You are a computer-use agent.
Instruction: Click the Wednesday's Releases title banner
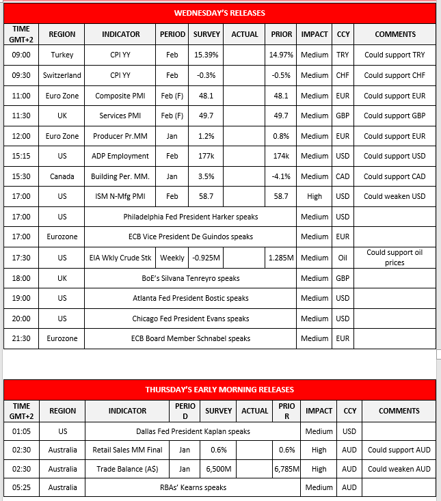(x=219, y=13)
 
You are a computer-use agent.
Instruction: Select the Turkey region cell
(x=62, y=55)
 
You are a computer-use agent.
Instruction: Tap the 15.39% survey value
(x=206, y=55)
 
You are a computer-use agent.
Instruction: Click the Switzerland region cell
(x=62, y=75)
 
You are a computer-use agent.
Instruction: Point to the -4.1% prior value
(x=281, y=176)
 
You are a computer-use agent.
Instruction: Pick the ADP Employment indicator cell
(x=120, y=156)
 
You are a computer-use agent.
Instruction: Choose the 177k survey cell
(x=206, y=156)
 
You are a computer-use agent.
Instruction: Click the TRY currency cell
(x=342, y=55)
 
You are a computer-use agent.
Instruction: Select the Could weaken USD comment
(x=395, y=196)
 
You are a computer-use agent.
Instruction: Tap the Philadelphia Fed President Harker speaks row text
(x=191, y=217)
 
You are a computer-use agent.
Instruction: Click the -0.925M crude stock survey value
(x=206, y=258)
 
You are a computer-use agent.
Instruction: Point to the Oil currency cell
(x=342, y=258)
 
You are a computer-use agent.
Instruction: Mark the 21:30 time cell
(x=21, y=338)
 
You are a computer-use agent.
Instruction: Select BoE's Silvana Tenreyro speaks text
(x=191, y=278)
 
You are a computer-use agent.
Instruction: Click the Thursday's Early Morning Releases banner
(x=219, y=390)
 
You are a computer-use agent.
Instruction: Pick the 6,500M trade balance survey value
(x=219, y=469)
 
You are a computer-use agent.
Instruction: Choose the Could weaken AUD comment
(x=399, y=469)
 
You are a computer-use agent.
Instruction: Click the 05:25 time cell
(x=21, y=487)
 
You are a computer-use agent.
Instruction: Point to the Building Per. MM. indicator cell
(x=120, y=176)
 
